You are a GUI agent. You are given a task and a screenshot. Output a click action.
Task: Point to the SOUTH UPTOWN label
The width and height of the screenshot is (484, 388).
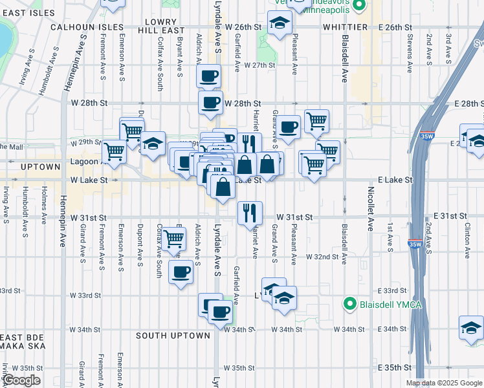click(173, 336)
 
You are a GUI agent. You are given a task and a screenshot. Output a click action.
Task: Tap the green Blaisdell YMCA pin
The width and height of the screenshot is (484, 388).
click(350, 303)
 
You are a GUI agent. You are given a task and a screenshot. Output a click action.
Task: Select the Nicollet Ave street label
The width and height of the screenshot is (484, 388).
click(371, 213)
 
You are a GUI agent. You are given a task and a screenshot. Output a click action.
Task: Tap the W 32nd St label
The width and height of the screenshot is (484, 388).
click(323, 257)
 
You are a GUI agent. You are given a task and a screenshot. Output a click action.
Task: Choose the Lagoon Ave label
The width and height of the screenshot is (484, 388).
click(83, 161)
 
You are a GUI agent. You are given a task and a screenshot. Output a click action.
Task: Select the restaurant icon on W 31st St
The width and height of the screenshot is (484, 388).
click(250, 211)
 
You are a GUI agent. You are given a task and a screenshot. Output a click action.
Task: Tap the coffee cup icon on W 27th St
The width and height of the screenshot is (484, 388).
click(208, 76)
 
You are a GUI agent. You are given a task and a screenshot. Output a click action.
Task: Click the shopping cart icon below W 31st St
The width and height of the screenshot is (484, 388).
click(173, 239)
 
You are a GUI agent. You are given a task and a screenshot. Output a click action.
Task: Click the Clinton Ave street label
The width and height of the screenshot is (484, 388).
click(467, 235)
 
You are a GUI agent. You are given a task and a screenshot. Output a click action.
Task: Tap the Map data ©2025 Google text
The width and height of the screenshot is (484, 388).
click(443, 383)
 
